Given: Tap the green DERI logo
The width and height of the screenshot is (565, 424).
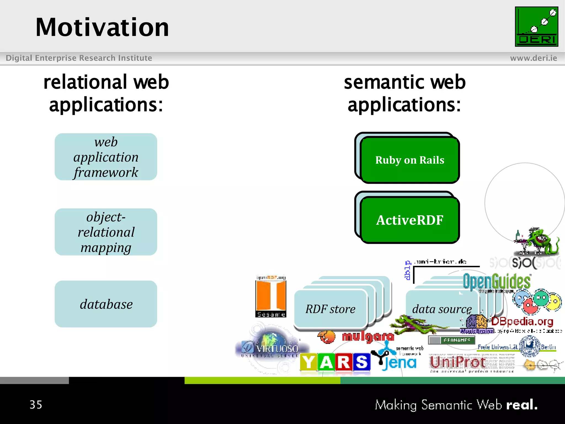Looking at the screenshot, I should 536,27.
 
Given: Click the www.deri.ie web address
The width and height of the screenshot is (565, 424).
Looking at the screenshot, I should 533,58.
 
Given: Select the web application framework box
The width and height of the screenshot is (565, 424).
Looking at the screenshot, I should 106,157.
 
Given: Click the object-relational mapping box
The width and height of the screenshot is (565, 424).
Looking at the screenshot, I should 106,232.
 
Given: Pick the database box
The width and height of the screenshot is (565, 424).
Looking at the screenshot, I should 106,304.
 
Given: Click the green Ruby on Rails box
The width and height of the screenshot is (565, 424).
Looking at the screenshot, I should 410,160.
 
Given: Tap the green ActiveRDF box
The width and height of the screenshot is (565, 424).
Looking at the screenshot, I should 410,220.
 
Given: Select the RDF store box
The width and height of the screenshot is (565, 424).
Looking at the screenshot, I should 331,309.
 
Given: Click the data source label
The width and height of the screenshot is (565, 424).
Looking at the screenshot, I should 442,309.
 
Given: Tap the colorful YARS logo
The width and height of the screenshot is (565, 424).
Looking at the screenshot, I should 335,362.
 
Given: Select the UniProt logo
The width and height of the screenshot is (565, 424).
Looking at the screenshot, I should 458,362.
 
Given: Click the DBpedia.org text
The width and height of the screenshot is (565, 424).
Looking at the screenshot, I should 522,321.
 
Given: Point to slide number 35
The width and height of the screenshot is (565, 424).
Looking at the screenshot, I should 36,405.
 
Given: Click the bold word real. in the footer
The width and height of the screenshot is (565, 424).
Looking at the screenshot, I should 522,405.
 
